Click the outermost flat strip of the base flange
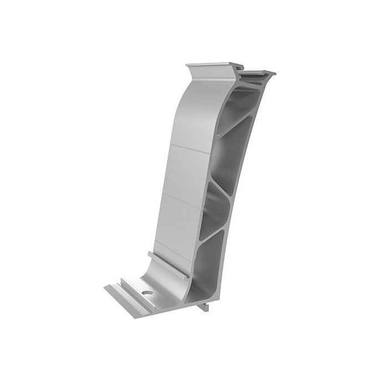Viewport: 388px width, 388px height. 119,294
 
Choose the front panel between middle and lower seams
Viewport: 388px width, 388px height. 177,218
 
